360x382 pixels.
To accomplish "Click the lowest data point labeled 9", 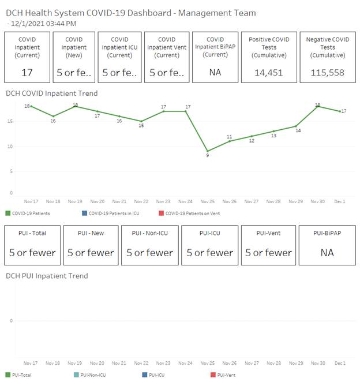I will (208, 151).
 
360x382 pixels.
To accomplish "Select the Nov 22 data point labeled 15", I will (141, 121).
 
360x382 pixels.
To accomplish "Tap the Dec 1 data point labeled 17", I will (339, 111).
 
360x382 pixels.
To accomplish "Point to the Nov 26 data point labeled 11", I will (230, 141).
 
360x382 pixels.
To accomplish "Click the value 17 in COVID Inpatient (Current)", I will (27, 73).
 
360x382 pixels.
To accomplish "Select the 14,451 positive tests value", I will (268, 73).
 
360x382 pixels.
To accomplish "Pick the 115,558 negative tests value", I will (327, 73).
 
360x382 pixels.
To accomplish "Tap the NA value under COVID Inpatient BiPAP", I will (216, 73).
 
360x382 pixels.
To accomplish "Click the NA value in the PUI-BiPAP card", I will (327, 252).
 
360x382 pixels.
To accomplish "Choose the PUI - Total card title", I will (32, 233).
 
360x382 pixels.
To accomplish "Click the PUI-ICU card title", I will (209, 233).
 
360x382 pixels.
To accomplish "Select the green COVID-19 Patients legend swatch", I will (8, 214).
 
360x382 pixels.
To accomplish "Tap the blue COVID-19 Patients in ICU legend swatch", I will (84, 214).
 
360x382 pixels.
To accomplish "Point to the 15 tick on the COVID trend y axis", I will (10, 121).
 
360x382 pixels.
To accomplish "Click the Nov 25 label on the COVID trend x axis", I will (208, 201).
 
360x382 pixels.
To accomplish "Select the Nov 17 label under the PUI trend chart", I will (31, 363).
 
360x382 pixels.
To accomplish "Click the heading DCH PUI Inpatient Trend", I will (47, 276).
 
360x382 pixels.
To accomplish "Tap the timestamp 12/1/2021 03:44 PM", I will (44, 23).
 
